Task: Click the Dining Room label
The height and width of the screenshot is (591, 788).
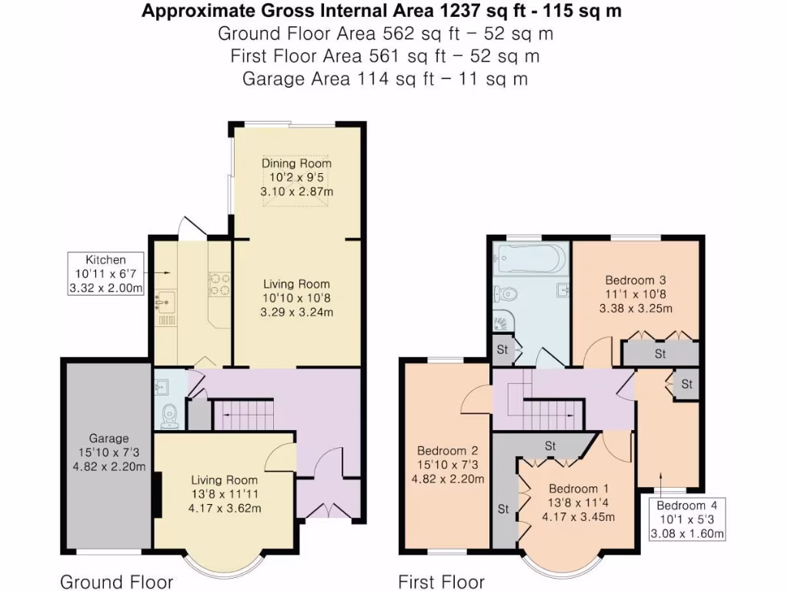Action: click(x=296, y=163)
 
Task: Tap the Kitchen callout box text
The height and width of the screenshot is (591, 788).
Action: click(x=105, y=274)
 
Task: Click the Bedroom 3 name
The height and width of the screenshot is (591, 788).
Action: click(x=636, y=280)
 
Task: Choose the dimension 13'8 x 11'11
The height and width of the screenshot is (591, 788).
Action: click(x=227, y=493)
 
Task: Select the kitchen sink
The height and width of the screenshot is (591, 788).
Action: click(x=164, y=302)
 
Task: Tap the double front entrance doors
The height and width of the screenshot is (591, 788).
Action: click(x=329, y=509)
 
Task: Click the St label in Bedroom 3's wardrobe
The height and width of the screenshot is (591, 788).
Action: click(x=660, y=354)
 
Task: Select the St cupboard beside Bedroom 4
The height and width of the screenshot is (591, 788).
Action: click(x=686, y=383)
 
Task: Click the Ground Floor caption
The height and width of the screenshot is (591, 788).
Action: click(x=116, y=581)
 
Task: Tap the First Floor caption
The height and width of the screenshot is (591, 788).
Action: click(x=441, y=581)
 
